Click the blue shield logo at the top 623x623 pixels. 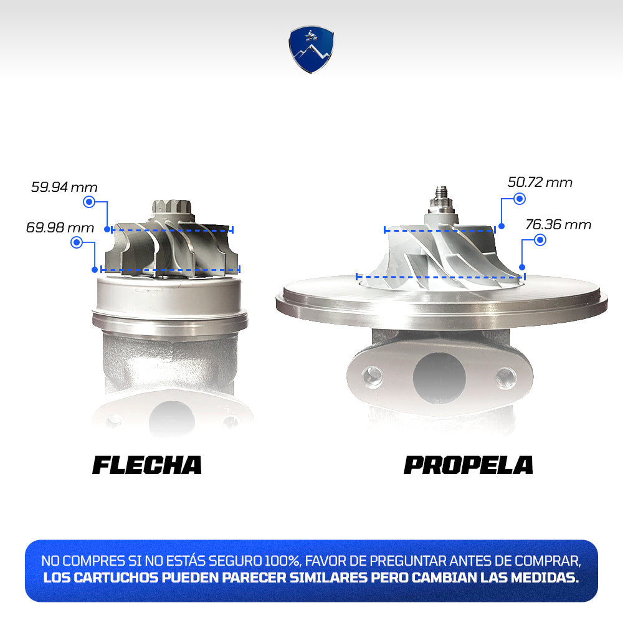[x=311, y=50]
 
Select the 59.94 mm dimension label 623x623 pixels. [x=64, y=187]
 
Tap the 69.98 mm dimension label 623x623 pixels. [x=60, y=227]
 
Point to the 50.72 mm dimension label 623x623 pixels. [x=540, y=183]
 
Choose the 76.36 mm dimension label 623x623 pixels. [x=558, y=224]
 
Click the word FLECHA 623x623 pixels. [x=147, y=465]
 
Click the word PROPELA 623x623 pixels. [x=468, y=465]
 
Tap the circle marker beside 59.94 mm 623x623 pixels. [x=89, y=202]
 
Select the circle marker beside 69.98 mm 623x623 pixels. [x=76, y=242]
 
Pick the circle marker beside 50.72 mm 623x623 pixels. [x=520, y=199]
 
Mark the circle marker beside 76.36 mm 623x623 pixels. [x=540, y=240]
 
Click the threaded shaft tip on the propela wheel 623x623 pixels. [x=442, y=192]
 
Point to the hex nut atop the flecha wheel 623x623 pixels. [x=172, y=207]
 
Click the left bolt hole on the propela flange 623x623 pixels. [x=373, y=376]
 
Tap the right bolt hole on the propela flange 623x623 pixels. [x=506, y=377]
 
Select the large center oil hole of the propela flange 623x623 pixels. [x=439, y=376]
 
